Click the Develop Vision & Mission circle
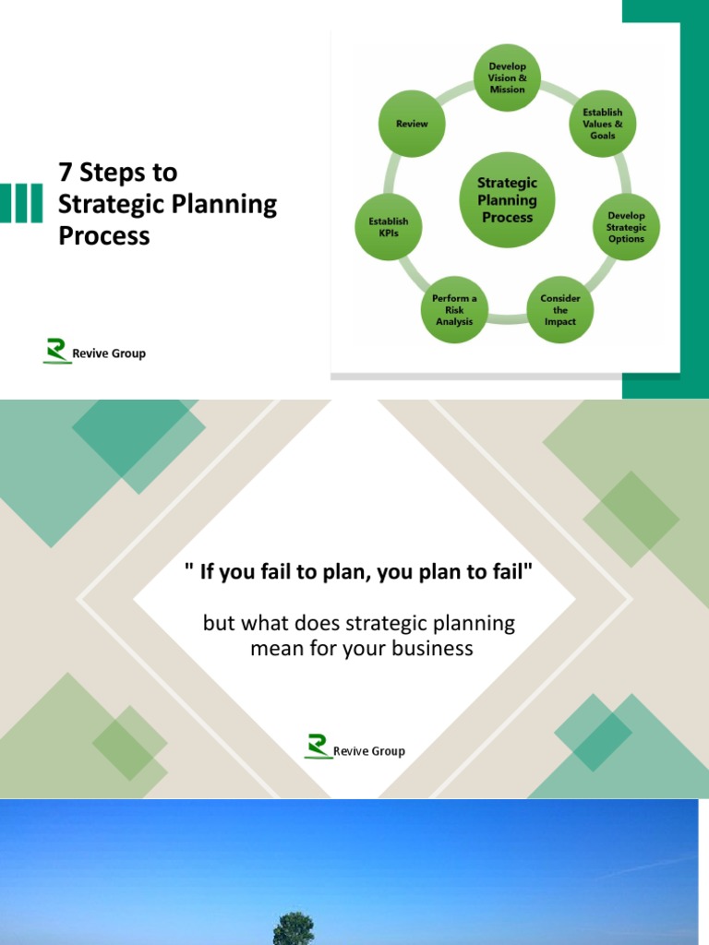(x=508, y=78)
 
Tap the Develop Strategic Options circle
(x=626, y=227)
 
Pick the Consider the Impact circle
(x=559, y=310)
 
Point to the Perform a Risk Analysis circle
(x=454, y=310)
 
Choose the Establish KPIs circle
(x=389, y=227)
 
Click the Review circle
(x=412, y=124)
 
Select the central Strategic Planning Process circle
(x=508, y=200)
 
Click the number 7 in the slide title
(x=66, y=173)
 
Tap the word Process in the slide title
(x=103, y=235)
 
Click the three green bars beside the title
(x=21, y=203)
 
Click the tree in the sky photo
(x=294, y=928)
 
